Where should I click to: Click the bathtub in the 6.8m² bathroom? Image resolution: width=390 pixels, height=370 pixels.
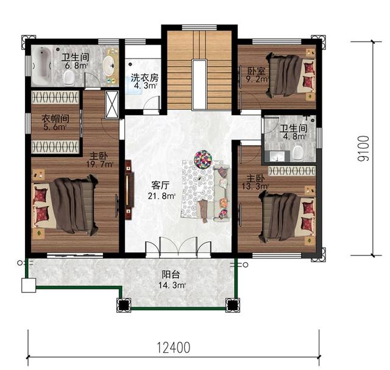click(x=42, y=65)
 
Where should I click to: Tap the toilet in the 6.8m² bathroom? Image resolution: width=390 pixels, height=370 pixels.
click(x=69, y=77)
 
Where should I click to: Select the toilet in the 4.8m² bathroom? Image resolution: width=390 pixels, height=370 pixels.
click(x=298, y=153)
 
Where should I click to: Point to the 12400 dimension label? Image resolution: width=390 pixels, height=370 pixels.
click(x=174, y=347)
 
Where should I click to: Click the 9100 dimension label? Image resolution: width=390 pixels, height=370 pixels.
click(x=363, y=148)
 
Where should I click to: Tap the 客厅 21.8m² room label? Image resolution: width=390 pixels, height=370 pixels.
click(x=161, y=191)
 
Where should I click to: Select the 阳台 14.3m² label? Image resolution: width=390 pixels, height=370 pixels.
click(x=172, y=280)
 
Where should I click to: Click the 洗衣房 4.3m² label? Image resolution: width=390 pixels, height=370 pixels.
click(x=144, y=82)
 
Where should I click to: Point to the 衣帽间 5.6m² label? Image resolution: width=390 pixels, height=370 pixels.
click(x=55, y=122)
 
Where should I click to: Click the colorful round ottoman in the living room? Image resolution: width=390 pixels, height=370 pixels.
click(x=203, y=159)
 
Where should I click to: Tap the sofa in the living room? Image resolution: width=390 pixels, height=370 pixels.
click(x=222, y=193)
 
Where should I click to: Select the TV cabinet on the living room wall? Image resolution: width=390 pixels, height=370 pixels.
click(x=129, y=190)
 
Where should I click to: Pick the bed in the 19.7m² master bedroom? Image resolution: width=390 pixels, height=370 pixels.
click(x=65, y=205)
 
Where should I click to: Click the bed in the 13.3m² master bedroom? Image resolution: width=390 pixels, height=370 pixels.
click(x=287, y=216)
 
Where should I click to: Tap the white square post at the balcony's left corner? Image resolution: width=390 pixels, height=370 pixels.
click(x=29, y=285)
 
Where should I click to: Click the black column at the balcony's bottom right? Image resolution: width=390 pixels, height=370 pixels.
click(x=232, y=305)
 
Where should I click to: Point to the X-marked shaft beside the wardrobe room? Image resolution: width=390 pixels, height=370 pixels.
click(x=112, y=104)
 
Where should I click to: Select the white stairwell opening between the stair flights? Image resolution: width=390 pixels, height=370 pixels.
click(x=199, y=84)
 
